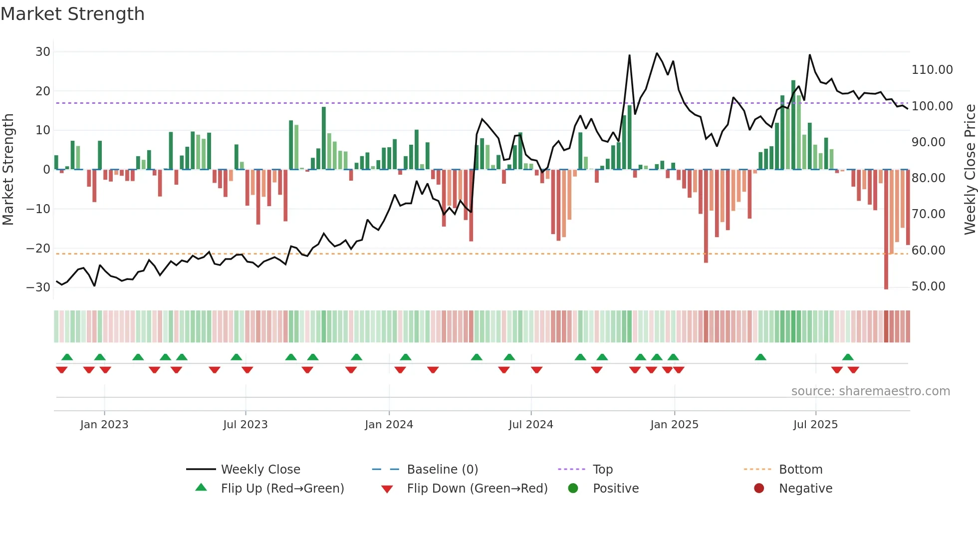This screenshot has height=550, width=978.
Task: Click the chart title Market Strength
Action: [x=72, y=14]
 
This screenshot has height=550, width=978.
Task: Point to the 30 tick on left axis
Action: [x=43, y=52]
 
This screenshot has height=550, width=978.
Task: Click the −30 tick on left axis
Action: [x=38, y=287]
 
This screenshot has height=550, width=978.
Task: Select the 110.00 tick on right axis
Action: [x=932, y=70]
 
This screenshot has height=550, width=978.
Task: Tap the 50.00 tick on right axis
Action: [x=928, y=286]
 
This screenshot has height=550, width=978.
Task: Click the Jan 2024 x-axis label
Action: [x=389, y=425]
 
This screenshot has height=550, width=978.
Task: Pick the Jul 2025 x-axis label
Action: [x=815, y=425]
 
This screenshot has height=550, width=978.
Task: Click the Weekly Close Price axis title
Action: [x=970, y=169]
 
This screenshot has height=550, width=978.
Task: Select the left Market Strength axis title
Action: [x=8, y=169]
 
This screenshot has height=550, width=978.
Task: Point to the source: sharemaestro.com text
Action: [x=870, y=391]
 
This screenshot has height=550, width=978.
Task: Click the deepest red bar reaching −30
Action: [x=886, y=230]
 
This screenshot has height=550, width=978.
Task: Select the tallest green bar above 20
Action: [x=793, y=125]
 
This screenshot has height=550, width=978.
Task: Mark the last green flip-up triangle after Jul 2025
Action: [x=848, y=357]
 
